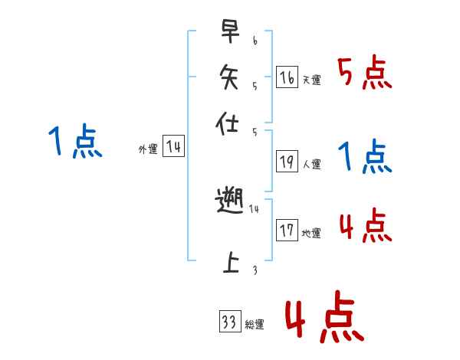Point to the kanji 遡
click(231, 202)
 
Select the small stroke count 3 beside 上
click(255, 270)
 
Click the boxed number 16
click(287, 77)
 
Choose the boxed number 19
click(287, 162)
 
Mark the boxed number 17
click(287, 230)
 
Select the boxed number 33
click(229, 322)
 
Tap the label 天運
click(311, 80)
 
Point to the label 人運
click(311, 164)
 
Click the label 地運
click(311, 233)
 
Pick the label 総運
click(255, 324)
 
